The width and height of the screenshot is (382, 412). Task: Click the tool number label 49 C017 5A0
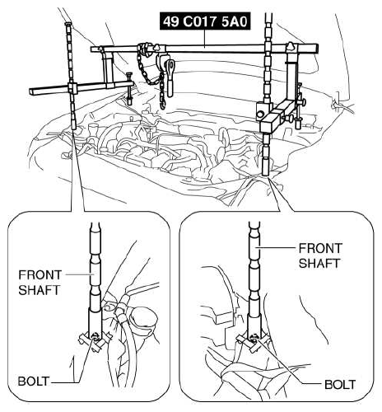coord(205,21)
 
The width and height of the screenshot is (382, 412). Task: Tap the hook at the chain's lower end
coord(163,105)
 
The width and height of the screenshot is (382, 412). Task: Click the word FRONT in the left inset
coord(40,275)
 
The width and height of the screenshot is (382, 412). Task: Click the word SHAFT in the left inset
coord(39,290)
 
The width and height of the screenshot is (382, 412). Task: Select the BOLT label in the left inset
coord(34,382)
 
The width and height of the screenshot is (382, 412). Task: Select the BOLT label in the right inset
coord(340,385)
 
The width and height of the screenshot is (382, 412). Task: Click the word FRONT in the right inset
coord(320,248)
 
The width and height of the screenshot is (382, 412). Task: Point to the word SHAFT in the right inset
coord(319,263)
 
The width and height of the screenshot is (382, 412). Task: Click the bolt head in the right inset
coord(254,337)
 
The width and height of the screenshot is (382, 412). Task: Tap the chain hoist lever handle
coord(170,79)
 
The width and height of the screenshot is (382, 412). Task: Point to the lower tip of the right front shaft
coord(265,175)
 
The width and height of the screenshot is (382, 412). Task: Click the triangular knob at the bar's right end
coord(291,47)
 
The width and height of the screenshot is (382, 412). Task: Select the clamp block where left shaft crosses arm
coord(72,88)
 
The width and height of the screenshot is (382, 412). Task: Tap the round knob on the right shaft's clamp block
coord(260,114)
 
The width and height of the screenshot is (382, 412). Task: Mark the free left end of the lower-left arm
coord(31,92)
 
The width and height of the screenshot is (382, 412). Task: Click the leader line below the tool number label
coord(204,38)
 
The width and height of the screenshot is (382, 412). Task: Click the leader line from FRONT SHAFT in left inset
coord(78,274)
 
